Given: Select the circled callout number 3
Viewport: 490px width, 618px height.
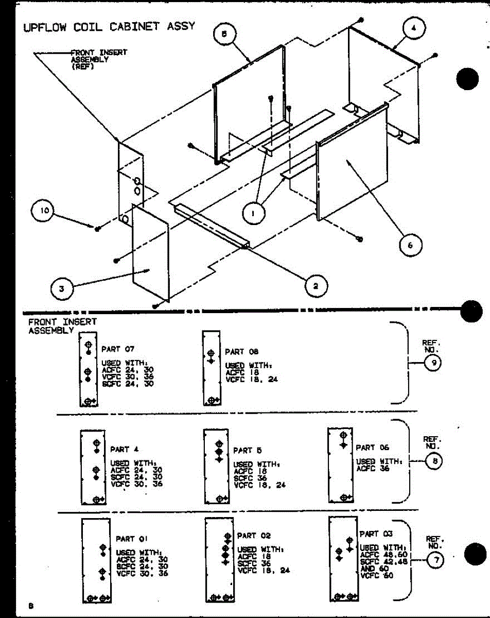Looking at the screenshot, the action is click(x=61, y=288).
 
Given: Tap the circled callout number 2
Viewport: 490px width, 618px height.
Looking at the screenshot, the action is click(x=316, y=285).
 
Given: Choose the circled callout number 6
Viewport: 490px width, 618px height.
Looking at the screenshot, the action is click(x=410, y=245).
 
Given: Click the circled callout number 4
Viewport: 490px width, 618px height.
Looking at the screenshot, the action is click(x=413, y=29).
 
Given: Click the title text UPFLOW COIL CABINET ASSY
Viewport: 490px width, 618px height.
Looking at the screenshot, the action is click(x=109, y=26).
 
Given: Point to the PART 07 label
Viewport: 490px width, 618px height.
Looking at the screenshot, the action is click(x=118, y=349).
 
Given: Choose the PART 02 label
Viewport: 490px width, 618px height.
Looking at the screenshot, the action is click(x=254, y=536).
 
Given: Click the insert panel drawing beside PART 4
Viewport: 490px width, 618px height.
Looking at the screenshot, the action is click(x=93, y=467).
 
